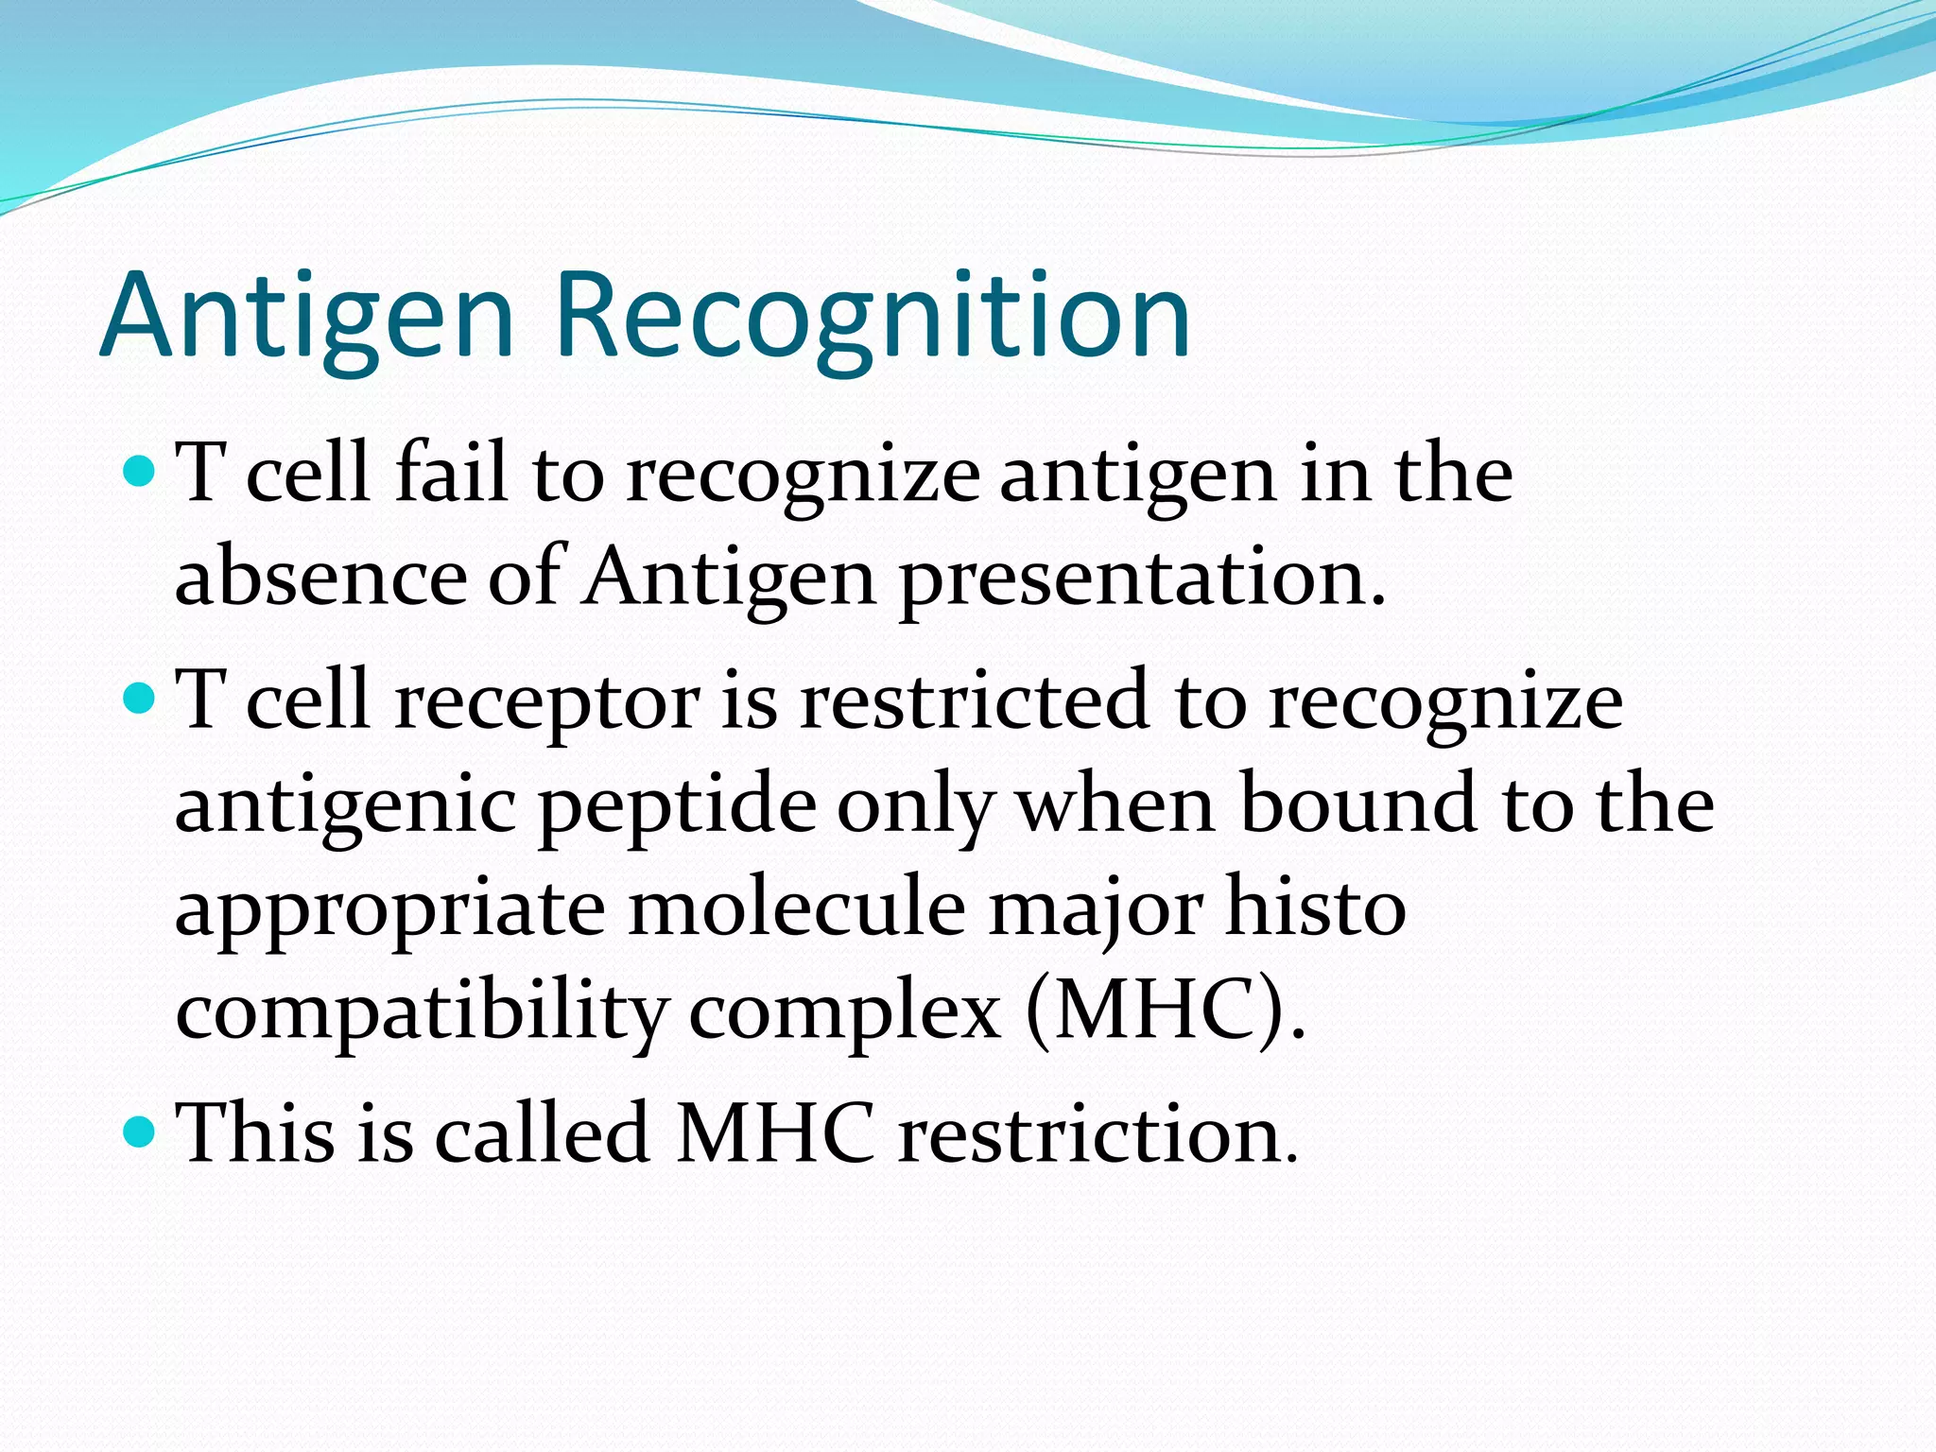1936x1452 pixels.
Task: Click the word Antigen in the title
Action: (306, 317)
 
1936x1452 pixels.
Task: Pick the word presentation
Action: (1142, 579)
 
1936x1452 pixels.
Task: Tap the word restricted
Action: (975, 701)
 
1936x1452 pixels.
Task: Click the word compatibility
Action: (421, 1013)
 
